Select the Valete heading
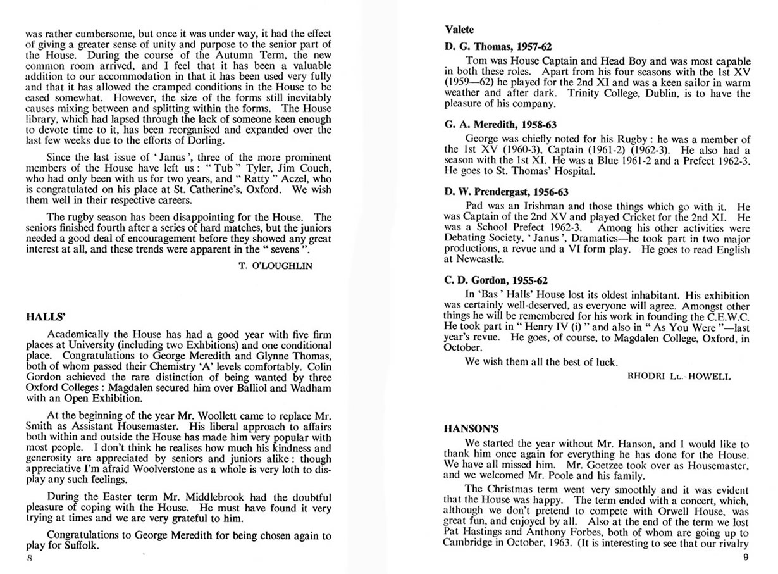[x=459, y=29]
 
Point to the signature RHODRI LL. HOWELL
[x=679, y=376]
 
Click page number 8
[x=28, y=559]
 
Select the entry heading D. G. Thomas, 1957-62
[x=498, y=47]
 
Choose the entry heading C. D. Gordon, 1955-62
[x=496, y=280]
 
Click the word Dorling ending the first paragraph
[x=206, y=140]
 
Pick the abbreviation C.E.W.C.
[x=710, y=316]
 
